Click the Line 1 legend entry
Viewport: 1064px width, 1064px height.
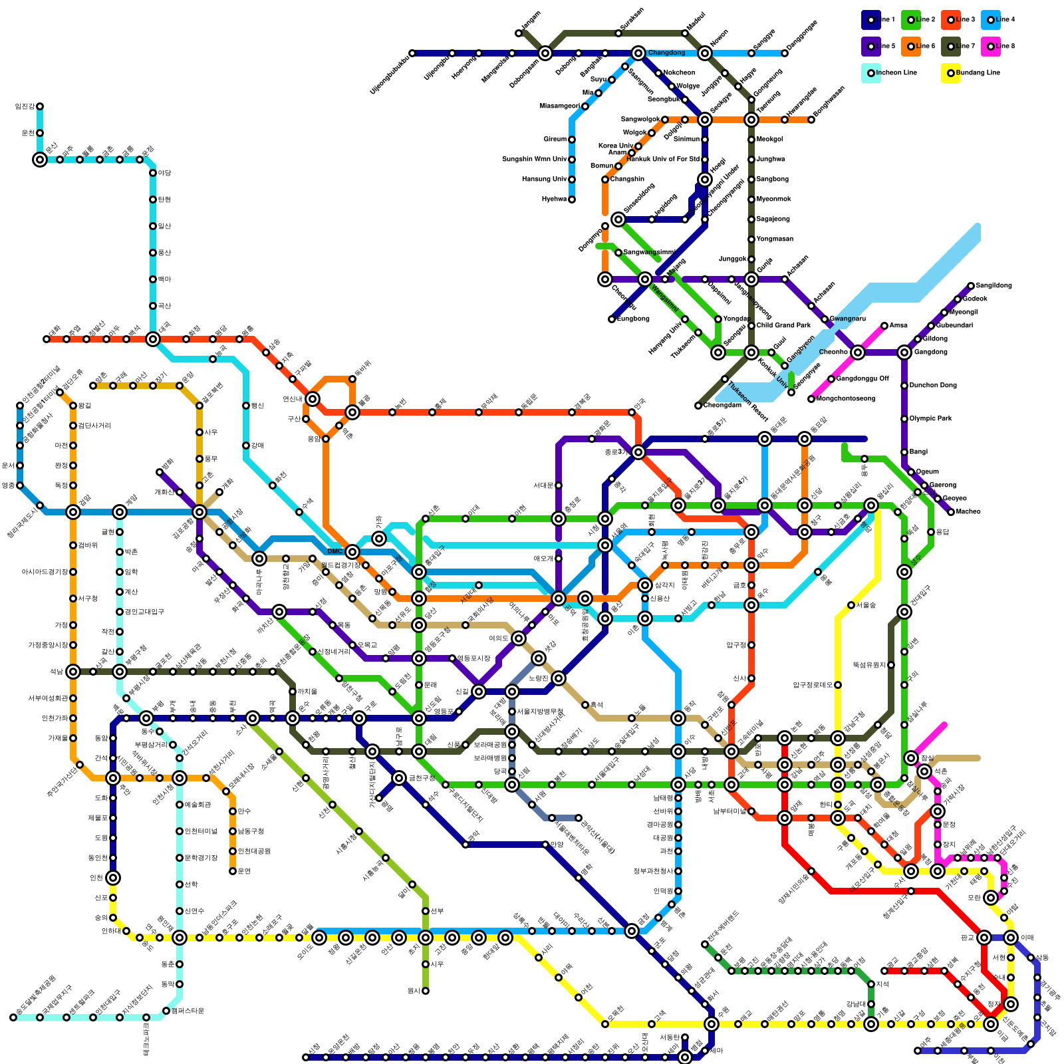click(871, 20)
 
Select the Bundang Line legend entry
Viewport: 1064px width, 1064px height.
click(951, 73)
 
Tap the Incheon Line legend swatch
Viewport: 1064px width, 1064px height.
click(871, 73)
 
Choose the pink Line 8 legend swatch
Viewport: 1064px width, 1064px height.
click(991, 47)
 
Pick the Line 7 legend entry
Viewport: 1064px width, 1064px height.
click(951, 47)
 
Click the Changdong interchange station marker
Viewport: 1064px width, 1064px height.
click(638, 53)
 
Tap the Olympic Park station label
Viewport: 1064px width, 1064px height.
click(930, 418)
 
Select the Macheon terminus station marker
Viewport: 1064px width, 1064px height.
click(951, 512)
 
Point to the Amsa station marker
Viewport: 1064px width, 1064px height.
click(884, 326)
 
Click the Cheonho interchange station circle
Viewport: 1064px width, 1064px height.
click(858, 352)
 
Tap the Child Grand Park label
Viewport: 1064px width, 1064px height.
click(783, 325)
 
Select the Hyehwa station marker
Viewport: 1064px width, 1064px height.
click(572, 199)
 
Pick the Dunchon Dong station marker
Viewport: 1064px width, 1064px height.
click(904, 386)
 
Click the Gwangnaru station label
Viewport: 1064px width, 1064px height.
click(847, 319)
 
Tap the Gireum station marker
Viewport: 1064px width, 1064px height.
click(572, 140)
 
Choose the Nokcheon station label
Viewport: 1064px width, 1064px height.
click(679, 72)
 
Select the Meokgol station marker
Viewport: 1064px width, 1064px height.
click(751, 140)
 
